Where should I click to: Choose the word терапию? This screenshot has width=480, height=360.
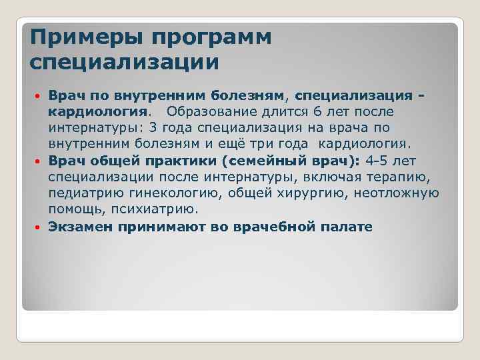[x=409, y=177]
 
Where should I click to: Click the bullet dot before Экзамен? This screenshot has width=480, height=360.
[x=37, y=227]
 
